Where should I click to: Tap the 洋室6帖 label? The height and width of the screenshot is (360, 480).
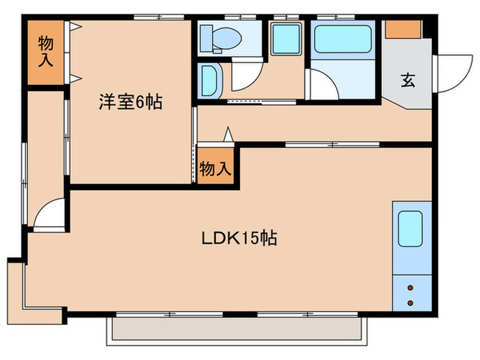130,103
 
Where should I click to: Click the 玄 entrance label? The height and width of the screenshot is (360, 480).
408,81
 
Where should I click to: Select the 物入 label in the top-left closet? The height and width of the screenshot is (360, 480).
45,52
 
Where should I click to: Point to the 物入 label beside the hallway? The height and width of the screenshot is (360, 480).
215,168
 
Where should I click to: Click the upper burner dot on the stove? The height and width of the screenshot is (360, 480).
411,288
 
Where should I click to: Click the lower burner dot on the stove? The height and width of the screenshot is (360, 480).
411,302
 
